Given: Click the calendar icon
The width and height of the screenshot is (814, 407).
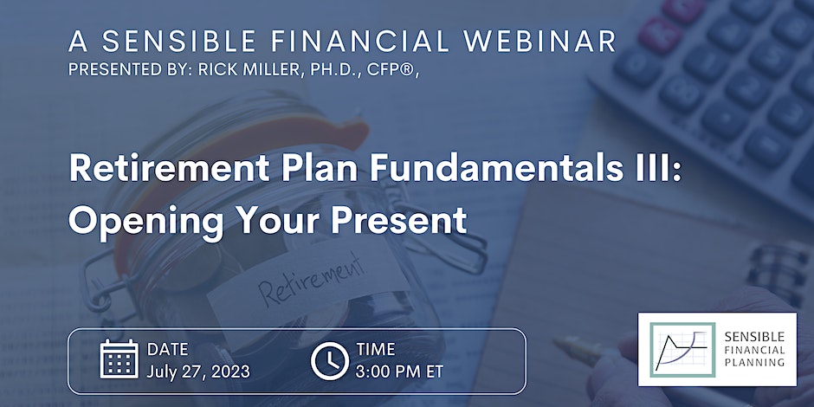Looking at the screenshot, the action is pyautogui.click(x=119, y=359).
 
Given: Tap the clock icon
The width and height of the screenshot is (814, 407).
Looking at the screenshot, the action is pyautogui.click(x=330, y=361).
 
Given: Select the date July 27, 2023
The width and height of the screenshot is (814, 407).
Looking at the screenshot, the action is pyautogui.click(x=197, y=371).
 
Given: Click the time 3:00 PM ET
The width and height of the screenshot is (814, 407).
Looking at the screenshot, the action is pyautogui.click(x=399, y=371).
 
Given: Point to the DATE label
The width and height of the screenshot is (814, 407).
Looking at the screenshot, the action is pyautogui.click(x=168, y=349).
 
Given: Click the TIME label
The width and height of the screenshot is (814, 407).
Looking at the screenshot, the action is pyautogui.click(x=375, y=349).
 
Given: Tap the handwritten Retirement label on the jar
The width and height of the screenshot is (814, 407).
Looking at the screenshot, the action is pyautogui.click(x=312, y=280).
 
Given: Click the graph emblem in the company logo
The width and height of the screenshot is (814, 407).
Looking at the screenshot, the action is pyautogui.click(x=682, y=349).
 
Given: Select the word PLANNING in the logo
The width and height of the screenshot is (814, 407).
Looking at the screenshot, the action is pyautogui.click(x=754, y=362).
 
